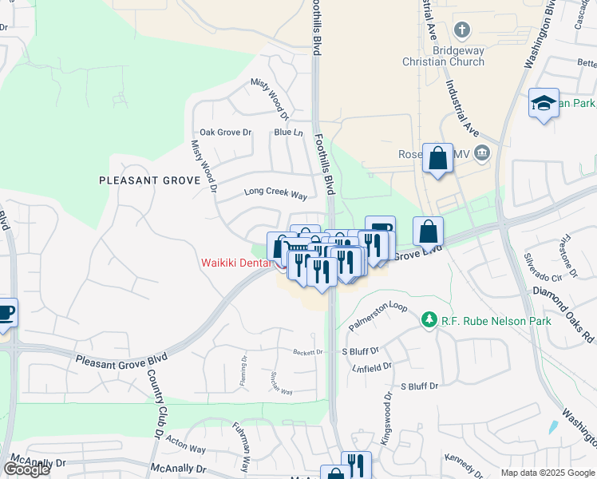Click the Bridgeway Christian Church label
click(x=458, y=56)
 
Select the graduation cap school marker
click(x=544, y=104)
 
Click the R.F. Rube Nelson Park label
click(x=480, y=320)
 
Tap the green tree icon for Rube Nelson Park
click(x=429, y=320)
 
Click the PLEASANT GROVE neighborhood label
click(x=148, y=180)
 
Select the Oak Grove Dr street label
click(x=225, y=133)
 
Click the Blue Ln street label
click(x=288, y=133)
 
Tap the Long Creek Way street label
click(x=275, y=194)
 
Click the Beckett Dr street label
click(x=307, y=351)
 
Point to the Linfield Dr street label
click(x=373, y=366)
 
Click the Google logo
click(x=26, y=469)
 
